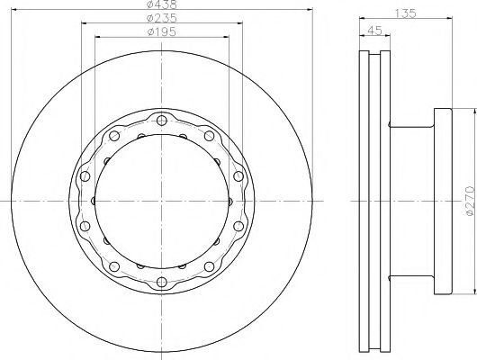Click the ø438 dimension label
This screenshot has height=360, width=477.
point(161,4)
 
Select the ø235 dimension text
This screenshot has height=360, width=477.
point(161,18)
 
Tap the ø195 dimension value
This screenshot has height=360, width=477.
point(161,32)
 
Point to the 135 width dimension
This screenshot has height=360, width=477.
point(405,13)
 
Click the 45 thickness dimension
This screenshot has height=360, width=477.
point(374,31)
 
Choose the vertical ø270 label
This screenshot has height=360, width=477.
point(470,201)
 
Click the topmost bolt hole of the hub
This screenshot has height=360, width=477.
point(161,120)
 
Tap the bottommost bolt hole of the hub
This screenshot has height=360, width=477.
point(162,282)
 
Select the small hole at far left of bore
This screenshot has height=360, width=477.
point(94,201)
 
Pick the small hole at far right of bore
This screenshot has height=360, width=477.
point(230,201)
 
